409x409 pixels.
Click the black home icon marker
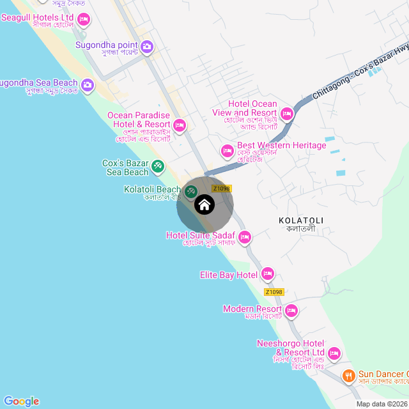pos(204,204)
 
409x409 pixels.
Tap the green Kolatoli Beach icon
pos(190,191)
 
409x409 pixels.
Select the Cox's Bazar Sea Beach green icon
pos(157,167)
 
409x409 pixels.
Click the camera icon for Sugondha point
pos(147,46)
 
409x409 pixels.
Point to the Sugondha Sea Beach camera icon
pos(87,84)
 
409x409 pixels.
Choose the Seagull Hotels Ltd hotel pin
pos(83,19)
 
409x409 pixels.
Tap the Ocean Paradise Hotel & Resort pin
pos(179,125)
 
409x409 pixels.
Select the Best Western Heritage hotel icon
pos(227,151)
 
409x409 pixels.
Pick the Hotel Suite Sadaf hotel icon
pos(244,238)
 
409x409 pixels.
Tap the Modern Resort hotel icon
pos(291,311)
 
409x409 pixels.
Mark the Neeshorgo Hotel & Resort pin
pos(334,353)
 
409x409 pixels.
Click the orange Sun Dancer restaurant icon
pos(348,375)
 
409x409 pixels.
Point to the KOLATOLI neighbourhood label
pos(301,220)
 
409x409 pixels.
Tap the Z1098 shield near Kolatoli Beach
pos(221,189)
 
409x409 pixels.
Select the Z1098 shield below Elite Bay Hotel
pos(273,292)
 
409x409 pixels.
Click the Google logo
pos(21,401)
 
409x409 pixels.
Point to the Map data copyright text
pos(382,404)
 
